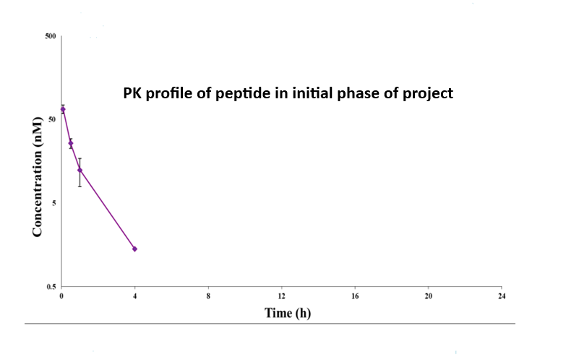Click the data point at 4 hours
coord(134,249)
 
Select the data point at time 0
coord(62,109)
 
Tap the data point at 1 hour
coord(80,170)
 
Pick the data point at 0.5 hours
coord(71,143)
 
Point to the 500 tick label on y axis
coord(51,35)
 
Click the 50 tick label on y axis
coord(53,119)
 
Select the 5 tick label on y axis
coord(55,203)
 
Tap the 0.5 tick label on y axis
coord(51,288)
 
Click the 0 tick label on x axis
coord(62,296)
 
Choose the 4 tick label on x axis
coord(135,296)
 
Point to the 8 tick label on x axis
coord(208,296)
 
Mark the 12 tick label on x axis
coord(282,296)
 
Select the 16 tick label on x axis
coord(355,296)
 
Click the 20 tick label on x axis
coord(428,296)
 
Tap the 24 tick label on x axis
coord(502,296)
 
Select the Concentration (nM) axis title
coord(37,173)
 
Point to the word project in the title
coord(432,93)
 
